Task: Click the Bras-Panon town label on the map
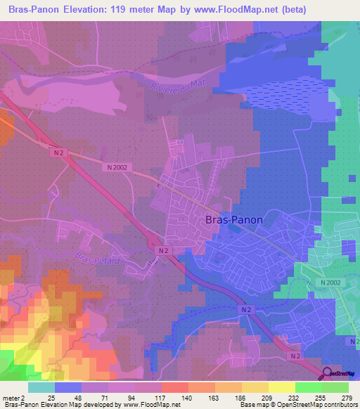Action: tap(234, 219)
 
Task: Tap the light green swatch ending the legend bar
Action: tap(335, 388)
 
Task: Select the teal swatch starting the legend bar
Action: tap(41, 388)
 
